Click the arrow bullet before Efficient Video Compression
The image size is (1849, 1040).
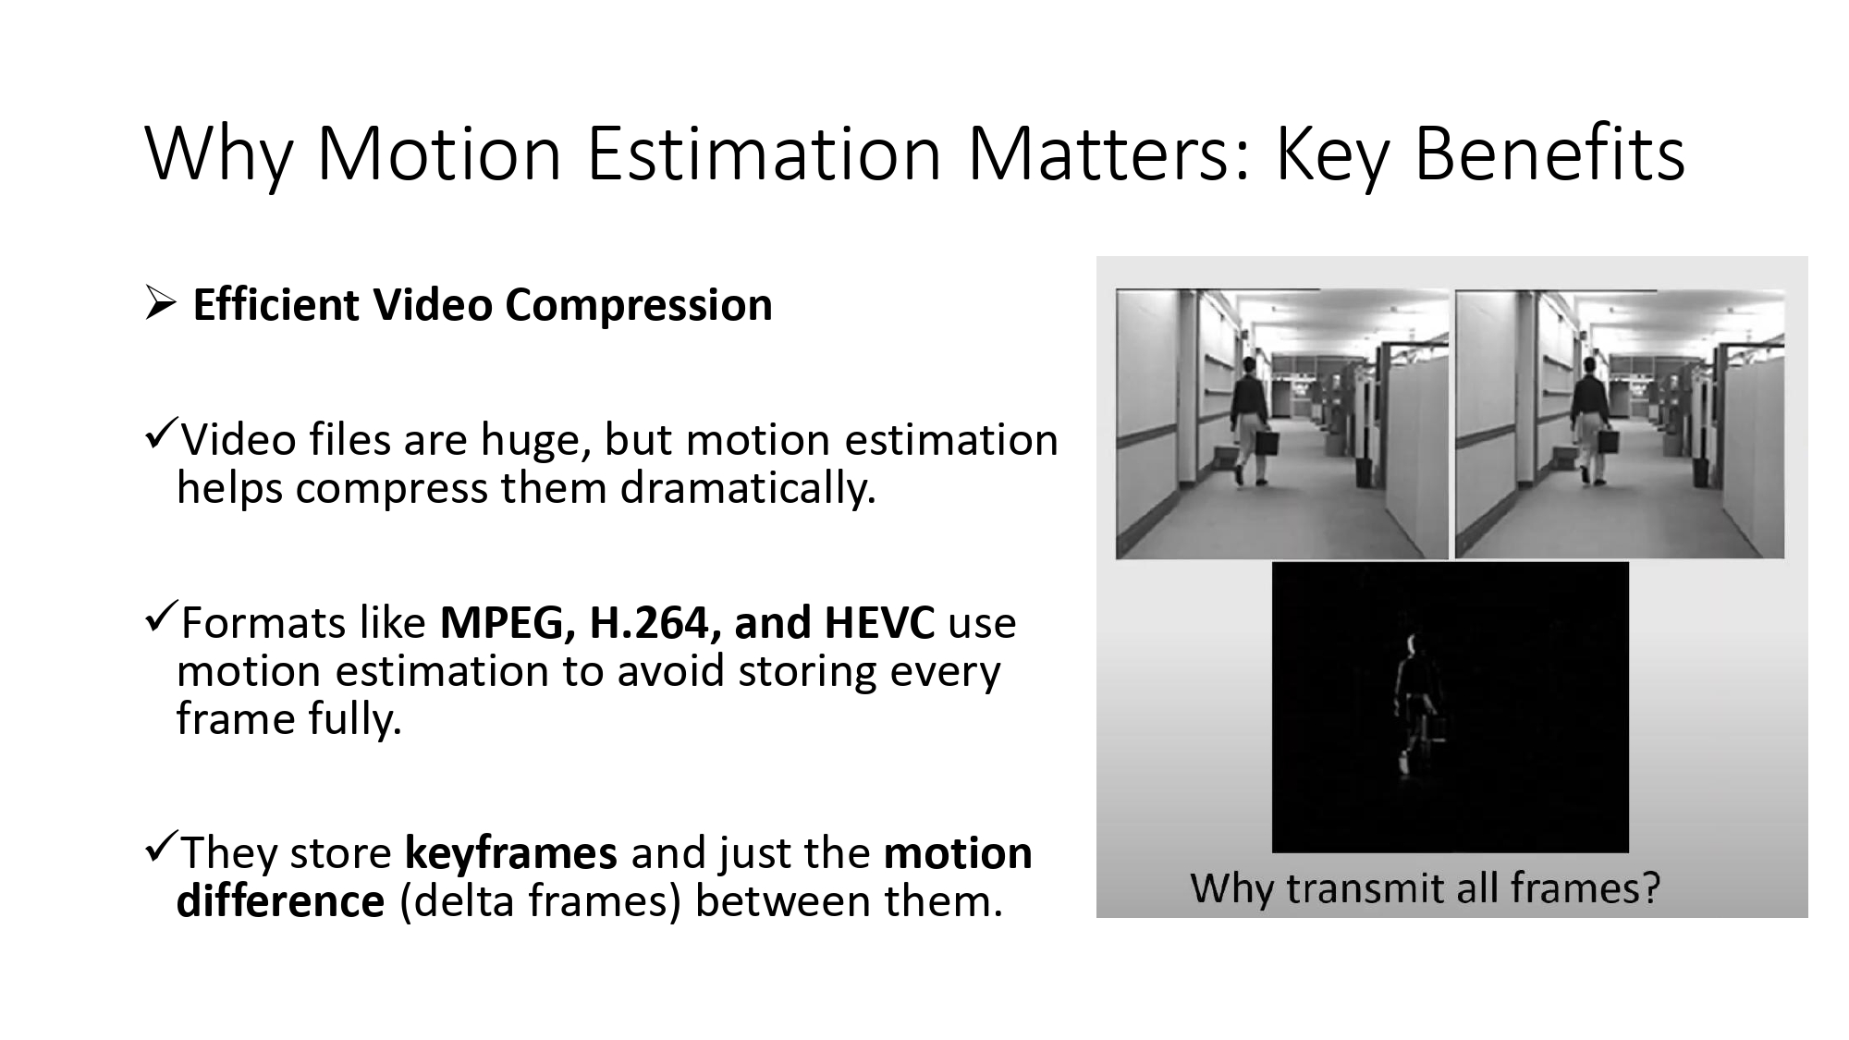(159, 304)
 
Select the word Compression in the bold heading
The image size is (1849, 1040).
(638, 306)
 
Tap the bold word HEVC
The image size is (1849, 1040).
(878, 622)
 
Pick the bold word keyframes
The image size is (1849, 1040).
(510, 852)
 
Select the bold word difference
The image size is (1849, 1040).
(280, 900)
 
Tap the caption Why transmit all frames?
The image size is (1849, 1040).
(1425, 887)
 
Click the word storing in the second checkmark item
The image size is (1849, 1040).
(806, 670)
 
